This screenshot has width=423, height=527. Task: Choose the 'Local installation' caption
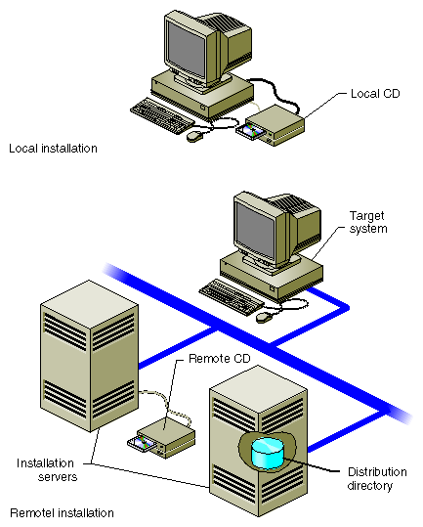pos(53,149)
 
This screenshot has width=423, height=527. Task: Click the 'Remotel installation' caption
pos(62,511)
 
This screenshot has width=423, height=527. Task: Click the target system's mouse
pos(264,316)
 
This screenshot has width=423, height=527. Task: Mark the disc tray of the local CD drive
pos(251,133)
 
